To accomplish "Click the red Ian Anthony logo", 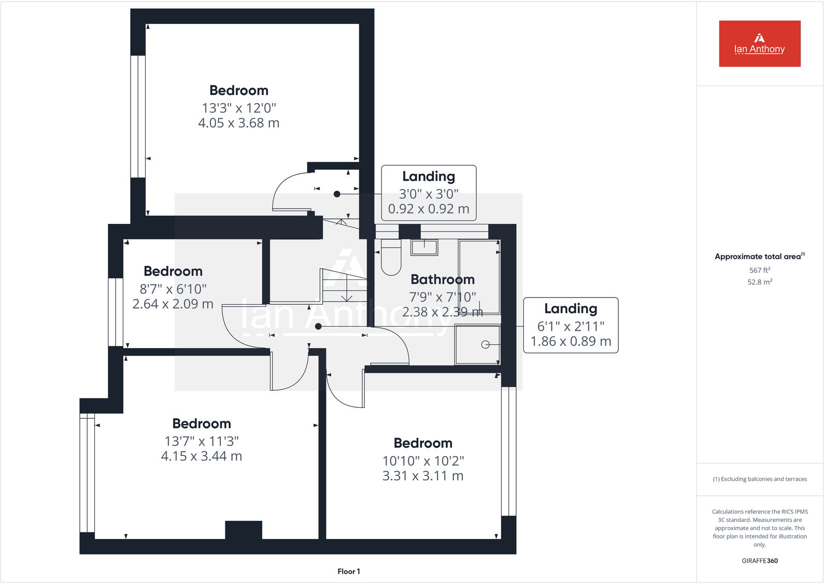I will click(759, 44).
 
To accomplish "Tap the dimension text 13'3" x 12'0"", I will click(239, 108).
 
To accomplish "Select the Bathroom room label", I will click(442, 279).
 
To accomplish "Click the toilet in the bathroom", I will click(391, 258).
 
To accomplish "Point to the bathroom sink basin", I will click(424, 247).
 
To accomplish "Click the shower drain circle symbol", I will click(485, 345).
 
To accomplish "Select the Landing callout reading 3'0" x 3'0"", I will click(429, 193).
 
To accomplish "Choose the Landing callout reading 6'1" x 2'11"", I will click(571, 325).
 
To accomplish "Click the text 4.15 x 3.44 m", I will click(202, 456).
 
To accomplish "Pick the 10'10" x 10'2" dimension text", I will click(423, 461).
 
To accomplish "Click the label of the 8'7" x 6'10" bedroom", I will click(173, 271).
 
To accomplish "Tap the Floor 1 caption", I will click(348, 571).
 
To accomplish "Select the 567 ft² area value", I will click(759, 270).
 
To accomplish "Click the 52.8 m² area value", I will click(759, 282).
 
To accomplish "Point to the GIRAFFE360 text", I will click(759, 561).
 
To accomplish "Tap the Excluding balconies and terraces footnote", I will click(759, 479).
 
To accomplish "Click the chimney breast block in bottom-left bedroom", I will click(244, 530).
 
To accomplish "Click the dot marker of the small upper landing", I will click(337, 194).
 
